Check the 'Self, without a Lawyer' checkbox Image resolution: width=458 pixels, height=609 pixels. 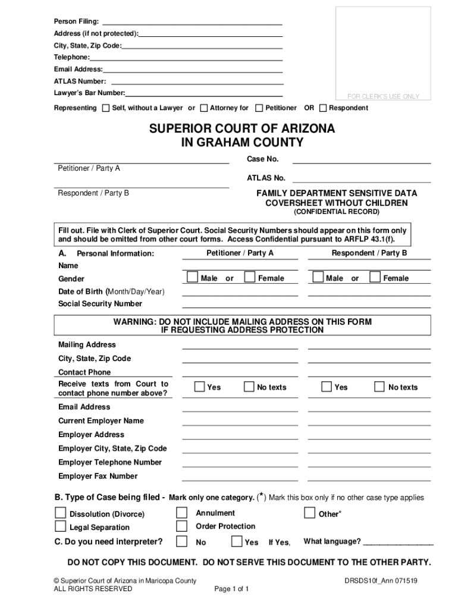106,108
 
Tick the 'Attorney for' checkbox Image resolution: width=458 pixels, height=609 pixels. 204,108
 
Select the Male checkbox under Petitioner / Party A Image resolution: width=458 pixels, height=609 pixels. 192,277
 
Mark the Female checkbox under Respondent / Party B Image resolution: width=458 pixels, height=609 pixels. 375,277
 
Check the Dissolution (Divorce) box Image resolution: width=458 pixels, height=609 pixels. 61,513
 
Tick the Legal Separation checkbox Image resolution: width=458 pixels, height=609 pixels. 61,526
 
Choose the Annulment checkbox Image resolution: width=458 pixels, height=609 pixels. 182,513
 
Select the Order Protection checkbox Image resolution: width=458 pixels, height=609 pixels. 182,526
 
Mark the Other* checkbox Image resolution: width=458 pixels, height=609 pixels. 309,513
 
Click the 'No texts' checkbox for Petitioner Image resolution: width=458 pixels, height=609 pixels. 249,387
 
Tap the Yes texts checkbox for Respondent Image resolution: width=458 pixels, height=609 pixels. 327,387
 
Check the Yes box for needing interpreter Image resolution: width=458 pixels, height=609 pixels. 236,541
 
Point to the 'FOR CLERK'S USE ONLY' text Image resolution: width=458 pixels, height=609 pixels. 383,96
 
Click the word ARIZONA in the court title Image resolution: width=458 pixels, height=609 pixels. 303,129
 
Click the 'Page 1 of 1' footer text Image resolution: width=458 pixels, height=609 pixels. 231,589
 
